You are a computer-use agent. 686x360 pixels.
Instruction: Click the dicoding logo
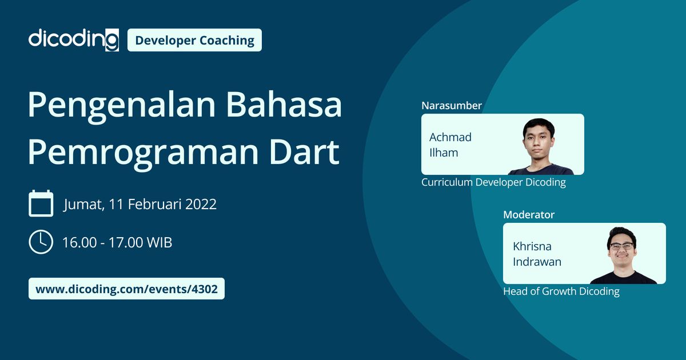tap(73, 39)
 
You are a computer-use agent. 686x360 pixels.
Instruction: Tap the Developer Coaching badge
tap(194, 40)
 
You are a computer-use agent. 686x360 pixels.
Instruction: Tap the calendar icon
tap(41, 203)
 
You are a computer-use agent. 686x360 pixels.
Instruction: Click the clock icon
tap(41, 242)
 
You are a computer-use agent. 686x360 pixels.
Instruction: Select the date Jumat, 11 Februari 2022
tap(139, 204)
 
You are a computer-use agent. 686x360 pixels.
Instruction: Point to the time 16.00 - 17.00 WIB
tap(117, 242)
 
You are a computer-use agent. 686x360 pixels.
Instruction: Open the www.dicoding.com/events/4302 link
tap(126, 289)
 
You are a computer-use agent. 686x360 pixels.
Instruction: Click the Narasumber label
tap(451, 106)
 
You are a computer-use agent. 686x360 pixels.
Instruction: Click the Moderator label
tap(528, 215)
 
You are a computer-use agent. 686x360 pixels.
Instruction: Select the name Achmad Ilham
tap(450, 145)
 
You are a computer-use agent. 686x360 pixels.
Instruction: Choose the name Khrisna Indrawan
tap(537, 254)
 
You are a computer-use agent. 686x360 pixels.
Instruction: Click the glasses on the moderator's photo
tap(621, 247)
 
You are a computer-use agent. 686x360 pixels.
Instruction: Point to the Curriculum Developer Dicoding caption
tap(493, 182)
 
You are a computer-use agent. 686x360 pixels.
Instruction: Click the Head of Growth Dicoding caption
tap(561, 291)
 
